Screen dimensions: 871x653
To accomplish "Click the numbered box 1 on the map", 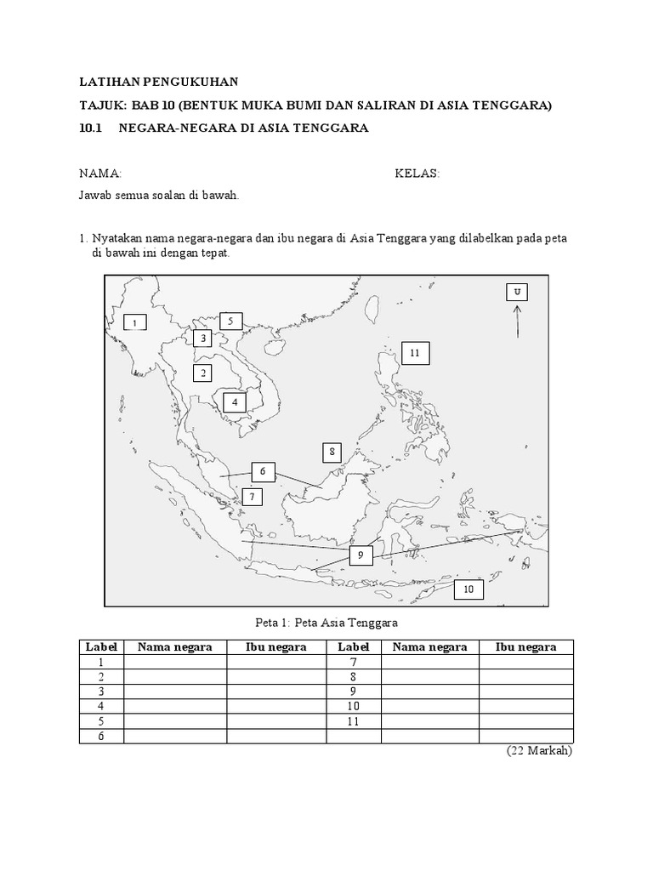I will pos(134,322).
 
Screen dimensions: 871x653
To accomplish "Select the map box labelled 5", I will pos(230,321).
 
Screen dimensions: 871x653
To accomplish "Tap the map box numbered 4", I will pos(234,401).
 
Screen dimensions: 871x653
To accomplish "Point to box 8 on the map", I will pos(333,453).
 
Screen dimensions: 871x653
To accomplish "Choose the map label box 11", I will pos(415,352).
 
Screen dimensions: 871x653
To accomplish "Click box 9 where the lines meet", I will pos(361,555).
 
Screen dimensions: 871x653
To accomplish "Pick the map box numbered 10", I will pos(468,589).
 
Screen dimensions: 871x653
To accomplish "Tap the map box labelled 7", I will pos(252,497).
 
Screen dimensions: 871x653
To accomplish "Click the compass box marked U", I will pos(516,293).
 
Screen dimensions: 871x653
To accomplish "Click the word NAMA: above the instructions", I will pos(100,174).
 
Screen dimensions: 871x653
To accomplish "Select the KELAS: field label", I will pos(417,174).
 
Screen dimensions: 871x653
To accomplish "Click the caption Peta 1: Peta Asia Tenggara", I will pos(327,623).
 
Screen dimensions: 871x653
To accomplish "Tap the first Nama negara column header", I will pos(175,647).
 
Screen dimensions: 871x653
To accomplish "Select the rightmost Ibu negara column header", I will pos(525,647).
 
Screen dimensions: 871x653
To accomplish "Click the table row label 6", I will pos(100,736).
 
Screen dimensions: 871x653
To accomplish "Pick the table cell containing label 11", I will pos(354,721).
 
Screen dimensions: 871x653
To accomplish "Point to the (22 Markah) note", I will pos(539,751).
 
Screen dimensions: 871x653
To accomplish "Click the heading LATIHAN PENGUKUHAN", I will pos(159,82).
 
